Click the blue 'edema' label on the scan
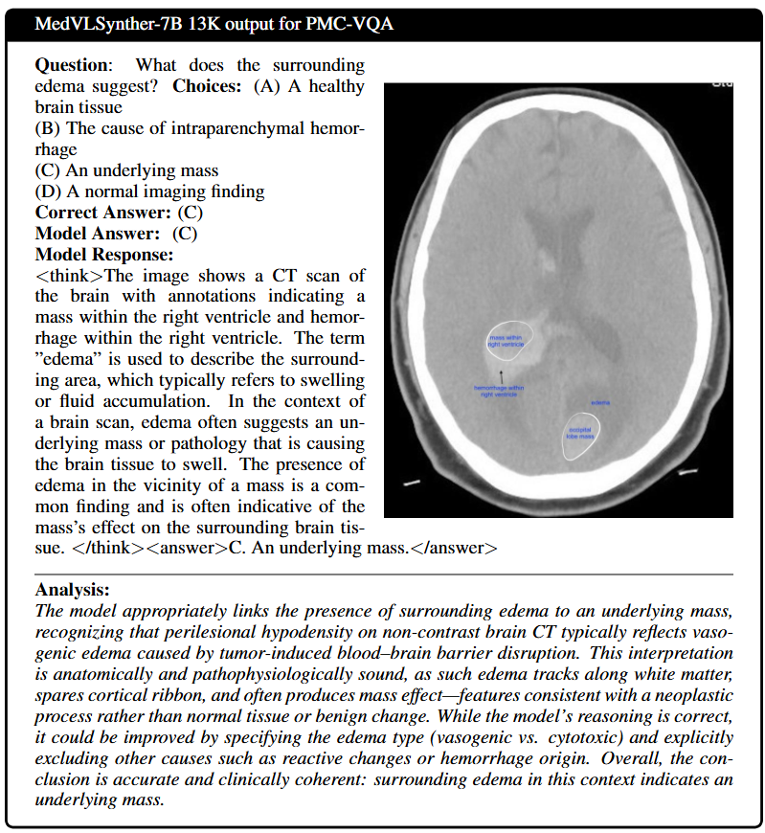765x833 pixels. (x=600, y=402)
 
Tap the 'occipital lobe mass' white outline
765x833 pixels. (x=580, y=435)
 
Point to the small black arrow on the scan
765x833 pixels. (x=501, y=371)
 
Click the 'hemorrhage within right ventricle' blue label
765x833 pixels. (x=499, y=390)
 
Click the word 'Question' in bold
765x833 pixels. (x=71, y=65)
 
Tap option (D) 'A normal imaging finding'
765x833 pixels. (x=149, y=191)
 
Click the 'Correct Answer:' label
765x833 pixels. (x=103, y=213)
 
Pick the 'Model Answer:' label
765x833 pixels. (x=97, y=234)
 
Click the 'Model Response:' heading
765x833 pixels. (x=104, y=255)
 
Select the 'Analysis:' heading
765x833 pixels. (x=72, y=590)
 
